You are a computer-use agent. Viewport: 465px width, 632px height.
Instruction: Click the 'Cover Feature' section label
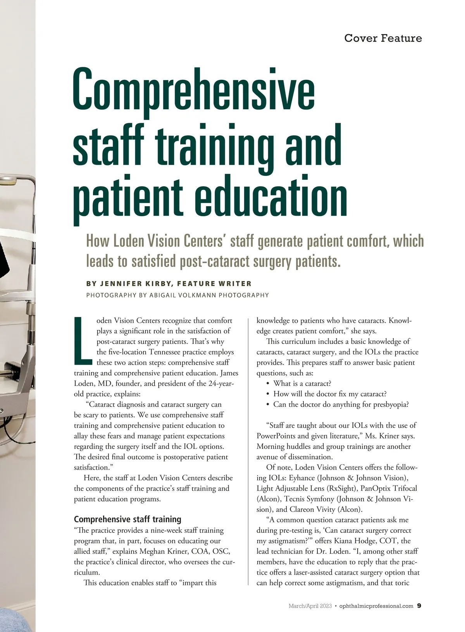coord(383,38)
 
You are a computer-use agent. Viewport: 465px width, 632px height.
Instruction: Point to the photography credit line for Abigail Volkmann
coord(177,295)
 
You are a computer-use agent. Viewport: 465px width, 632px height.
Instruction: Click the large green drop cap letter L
coord(83,341)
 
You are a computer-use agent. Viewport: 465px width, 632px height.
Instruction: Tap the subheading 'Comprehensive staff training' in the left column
coord(127,519)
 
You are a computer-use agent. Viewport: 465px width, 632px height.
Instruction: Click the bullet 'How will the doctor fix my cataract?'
coord(330,394)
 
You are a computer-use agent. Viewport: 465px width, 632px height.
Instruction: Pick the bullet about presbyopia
coord(341,405)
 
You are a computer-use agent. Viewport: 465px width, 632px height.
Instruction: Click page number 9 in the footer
coord(419,606)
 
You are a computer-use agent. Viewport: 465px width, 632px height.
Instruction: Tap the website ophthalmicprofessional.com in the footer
coord(376,606)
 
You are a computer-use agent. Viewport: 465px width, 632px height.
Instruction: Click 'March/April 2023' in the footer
coord(310,606)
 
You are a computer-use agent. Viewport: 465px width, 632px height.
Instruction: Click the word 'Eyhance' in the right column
coord(302,478)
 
